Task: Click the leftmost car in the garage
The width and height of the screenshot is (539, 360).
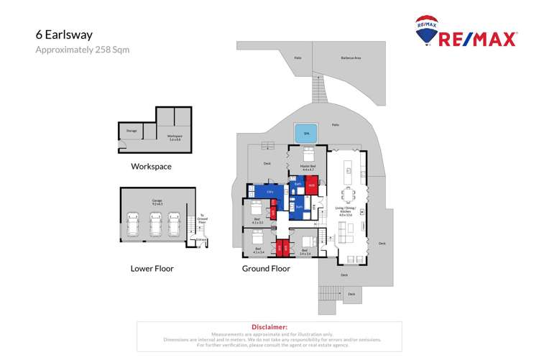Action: [x=134, y=225]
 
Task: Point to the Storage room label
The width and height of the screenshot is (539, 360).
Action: [x=132, y=131]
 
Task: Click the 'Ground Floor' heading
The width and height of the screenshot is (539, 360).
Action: [x=266, y=269]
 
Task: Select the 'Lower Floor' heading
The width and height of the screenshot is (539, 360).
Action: [x=152, y=269]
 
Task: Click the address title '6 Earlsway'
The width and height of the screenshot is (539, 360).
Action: [x=64, y=34]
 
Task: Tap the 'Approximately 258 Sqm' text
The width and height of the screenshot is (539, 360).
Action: [x=82, y=50]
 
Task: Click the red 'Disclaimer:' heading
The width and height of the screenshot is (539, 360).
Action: [x=269, y=327]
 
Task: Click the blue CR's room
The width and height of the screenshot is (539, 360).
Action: [x=269, y=191]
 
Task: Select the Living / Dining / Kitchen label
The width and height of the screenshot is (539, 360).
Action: [x=350, y=211]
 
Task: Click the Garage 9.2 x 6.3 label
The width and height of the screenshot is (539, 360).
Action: [x=157, y=203]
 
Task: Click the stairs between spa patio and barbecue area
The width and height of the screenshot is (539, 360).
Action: [x=318, y=90]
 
